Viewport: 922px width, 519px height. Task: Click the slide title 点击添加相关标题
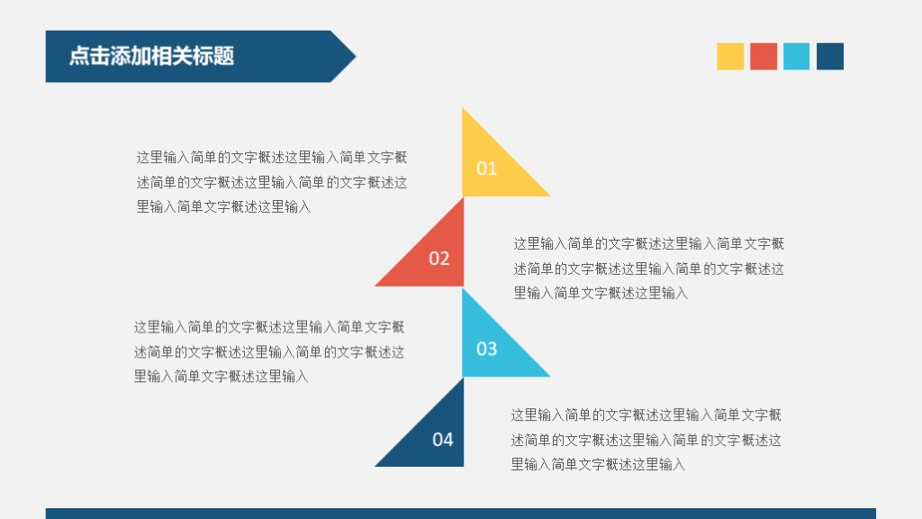point(151,56)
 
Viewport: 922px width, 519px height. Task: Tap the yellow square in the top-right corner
point(730,56)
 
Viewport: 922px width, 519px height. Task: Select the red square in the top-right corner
point(764,56)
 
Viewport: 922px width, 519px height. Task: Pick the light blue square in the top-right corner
point(796,56)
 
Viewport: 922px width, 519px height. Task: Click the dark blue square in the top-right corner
point(830,56)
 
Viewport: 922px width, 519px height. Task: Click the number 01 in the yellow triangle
point(486,168)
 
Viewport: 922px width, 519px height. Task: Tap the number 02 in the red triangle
point(438,259)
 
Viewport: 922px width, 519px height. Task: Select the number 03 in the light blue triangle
point(486,349)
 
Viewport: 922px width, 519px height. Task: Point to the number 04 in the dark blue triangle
point(442,440)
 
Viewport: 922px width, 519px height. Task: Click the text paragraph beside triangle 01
point(271,182)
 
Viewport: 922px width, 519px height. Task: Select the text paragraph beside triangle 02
point(648,269)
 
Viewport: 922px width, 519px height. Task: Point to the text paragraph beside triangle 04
point(646,441)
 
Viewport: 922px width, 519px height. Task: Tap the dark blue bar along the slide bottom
point(460,514)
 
